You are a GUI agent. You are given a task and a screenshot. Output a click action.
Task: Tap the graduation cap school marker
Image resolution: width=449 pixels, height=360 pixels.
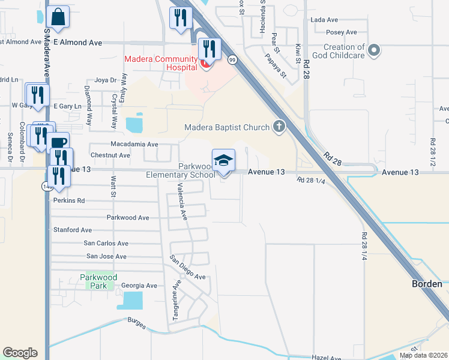[223, 161]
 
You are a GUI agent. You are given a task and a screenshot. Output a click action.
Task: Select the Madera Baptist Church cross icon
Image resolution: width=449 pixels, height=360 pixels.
[279, 126]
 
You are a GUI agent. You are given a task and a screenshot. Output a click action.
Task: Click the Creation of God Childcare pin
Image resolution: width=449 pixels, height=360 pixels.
[374, 51]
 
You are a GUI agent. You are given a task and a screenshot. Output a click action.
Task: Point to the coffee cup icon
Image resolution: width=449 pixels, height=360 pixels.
[58, 143]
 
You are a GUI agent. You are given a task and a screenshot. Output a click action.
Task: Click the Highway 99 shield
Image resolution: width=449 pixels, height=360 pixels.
[232, 59]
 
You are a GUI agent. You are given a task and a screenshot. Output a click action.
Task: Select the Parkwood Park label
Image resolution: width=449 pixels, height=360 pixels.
[94, 282]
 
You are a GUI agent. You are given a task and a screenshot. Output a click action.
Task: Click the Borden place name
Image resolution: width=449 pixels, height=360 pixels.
[427, 283]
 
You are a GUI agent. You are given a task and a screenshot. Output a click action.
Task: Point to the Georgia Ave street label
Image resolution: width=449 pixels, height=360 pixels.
[139, 286]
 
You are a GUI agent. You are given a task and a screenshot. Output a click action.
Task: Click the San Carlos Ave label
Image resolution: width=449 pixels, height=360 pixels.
[106, 244]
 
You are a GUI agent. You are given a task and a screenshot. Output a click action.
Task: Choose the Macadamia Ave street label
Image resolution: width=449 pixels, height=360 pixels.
[134, 144]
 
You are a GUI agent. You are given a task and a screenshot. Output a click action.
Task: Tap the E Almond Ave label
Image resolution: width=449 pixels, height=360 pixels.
[78, 43]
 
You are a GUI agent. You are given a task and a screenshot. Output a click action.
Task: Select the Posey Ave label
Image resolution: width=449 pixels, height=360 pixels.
[342, 32]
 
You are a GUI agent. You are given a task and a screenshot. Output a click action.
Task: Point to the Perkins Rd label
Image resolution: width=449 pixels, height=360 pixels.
[69, 200]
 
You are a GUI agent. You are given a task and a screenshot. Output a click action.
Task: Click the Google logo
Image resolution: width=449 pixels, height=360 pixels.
[20, 353]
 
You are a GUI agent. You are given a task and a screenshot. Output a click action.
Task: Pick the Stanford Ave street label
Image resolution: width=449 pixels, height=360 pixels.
[73, 230]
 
